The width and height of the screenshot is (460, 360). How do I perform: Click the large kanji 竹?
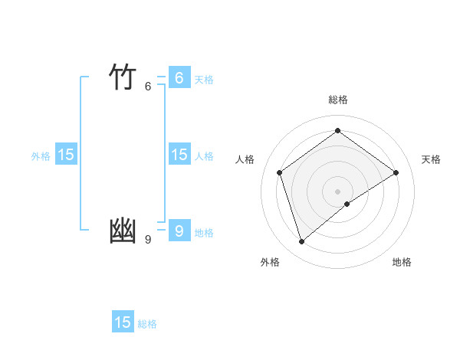click(123, 77)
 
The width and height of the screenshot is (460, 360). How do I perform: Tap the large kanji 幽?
click(123, 231)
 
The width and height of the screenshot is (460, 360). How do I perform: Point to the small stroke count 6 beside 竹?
click(148, 87)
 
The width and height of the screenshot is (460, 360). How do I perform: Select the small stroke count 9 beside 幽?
click(148, 240)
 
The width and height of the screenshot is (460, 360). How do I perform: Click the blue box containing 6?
click(179, 78)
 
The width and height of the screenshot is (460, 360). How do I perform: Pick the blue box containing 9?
click(179, 231)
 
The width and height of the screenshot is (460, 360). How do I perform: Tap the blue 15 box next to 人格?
click(179, 155)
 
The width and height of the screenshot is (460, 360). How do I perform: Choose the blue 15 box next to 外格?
click(66, 155)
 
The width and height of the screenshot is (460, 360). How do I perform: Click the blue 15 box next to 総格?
click(123, 322)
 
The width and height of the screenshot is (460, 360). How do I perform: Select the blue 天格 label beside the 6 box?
click(204, 80)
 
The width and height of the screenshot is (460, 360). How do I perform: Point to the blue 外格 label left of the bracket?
click(41, 156)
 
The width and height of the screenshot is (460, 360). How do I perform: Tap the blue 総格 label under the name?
click(147, 324)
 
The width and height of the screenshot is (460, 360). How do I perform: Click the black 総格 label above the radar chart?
click(337, 100)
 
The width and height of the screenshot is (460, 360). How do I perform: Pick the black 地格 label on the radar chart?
click(402, 263)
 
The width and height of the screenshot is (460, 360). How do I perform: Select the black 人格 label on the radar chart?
click(245, 159)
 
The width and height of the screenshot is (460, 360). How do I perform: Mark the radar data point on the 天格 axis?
click(396, 172)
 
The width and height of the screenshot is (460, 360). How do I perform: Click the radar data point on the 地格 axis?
click(347, 204)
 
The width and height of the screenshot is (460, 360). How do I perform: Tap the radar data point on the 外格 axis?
click(301, 242)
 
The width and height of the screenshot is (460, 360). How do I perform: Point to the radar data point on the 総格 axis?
click(337, 130)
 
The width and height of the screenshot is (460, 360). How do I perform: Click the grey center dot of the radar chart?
click(337, 191)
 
